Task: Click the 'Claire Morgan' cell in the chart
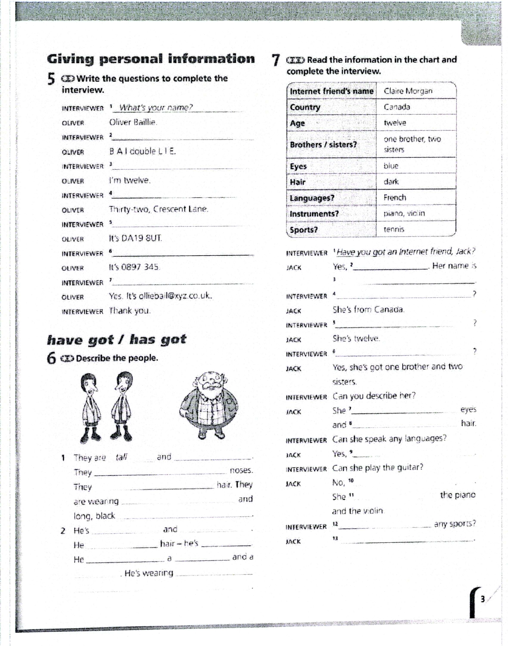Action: click(x=408, y=91)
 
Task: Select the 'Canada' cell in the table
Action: click(x=396, y=107)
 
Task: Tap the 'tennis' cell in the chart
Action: click(x=394, y=229)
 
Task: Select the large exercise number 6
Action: click(x=51, y=358)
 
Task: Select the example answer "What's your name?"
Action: click(x=156, y=107)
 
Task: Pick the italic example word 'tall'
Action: click(x=121, y=457)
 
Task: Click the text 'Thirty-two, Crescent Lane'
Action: click(x=158, y=209)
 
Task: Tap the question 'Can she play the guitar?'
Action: click(x=377, y=468)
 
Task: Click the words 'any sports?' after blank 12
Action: click(x=454, y=523)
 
